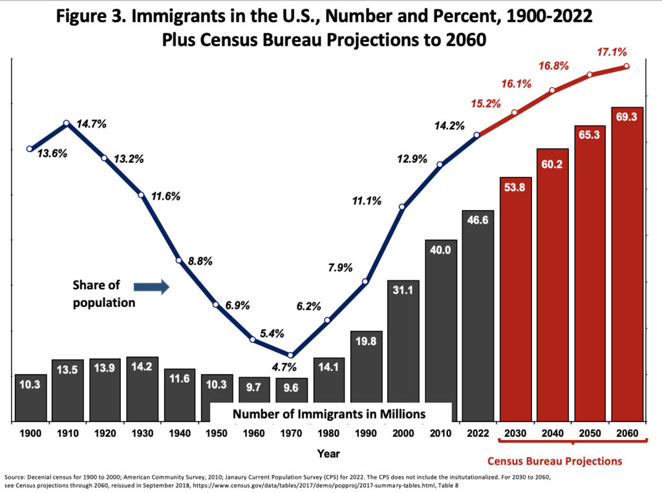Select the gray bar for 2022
pos(478,317)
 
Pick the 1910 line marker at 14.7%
pos(67,123)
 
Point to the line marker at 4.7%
pos(291,355)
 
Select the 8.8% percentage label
pos(199,262)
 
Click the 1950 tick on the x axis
pos(217,432)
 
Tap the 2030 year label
pos(515,432)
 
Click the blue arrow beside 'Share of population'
pos(151,286)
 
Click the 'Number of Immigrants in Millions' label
pos(329,414)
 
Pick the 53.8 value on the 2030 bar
pos(515,189)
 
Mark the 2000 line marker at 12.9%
pos(403,207)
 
